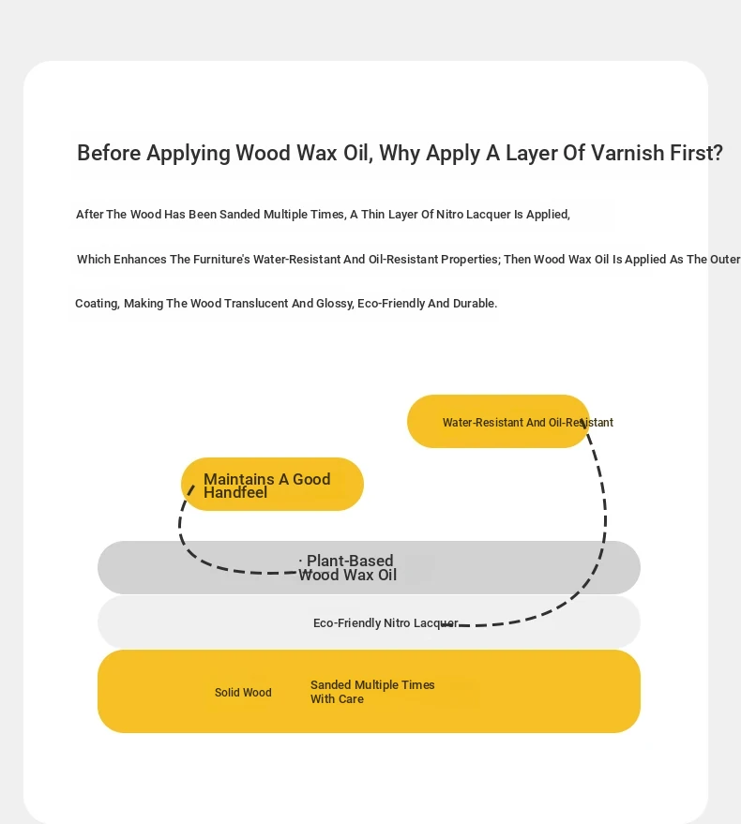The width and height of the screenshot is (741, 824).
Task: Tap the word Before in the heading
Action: point(109,154)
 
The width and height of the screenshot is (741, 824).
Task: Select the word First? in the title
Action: point(696,154)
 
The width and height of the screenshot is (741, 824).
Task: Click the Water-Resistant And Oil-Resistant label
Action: point(528,423)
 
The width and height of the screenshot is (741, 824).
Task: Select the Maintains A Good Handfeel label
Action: point(267,486)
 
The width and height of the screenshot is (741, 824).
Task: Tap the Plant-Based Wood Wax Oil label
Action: point(348,568)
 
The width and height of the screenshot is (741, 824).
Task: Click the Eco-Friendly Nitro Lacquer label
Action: point(386,623)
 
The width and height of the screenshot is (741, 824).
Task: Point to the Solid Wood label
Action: point(243,693)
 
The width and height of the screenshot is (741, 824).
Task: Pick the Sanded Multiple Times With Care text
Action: point(372,692)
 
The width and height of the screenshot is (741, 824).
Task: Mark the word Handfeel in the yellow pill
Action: point(235,493)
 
